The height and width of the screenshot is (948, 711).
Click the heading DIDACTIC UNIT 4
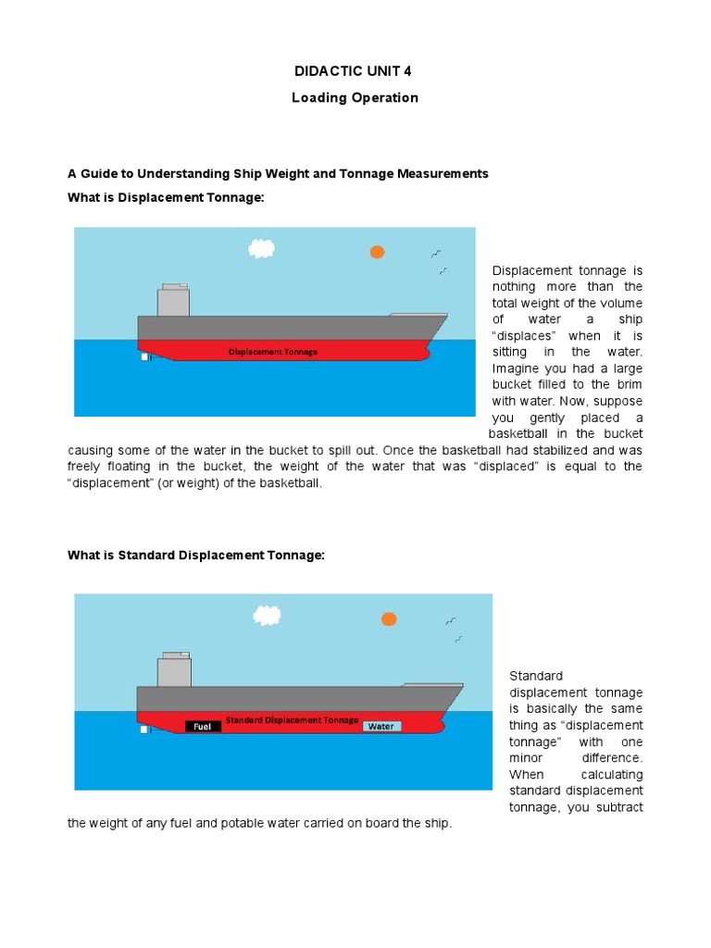[x=355, y=70]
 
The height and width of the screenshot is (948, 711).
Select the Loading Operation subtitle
[x=355, y=97]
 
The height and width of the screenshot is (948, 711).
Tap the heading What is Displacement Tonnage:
[x=159, y=197]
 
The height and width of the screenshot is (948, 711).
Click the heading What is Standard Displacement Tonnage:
[x=196, y=555]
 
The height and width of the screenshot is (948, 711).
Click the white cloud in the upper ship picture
[x=262, y=248]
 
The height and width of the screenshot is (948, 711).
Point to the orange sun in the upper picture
[x=377, y=252]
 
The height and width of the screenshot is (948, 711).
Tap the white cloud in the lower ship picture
[x=268, y=615]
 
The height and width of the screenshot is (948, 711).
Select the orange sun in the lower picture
[x=389, y=618]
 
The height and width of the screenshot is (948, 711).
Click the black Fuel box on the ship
[x=203, y=727]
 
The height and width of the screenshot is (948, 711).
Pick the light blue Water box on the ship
[x=381, y=727]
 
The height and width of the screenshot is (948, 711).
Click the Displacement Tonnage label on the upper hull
[x=272, y=352]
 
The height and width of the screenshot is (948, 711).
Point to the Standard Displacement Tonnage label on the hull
[x=292, y=719]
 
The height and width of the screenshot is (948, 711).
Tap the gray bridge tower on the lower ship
[x=174, y=669]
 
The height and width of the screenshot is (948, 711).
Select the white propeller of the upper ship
[x=145, y=356]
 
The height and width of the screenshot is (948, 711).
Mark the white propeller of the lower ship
[x=144, y=730]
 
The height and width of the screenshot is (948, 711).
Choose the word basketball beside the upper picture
[x=520, y=433]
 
